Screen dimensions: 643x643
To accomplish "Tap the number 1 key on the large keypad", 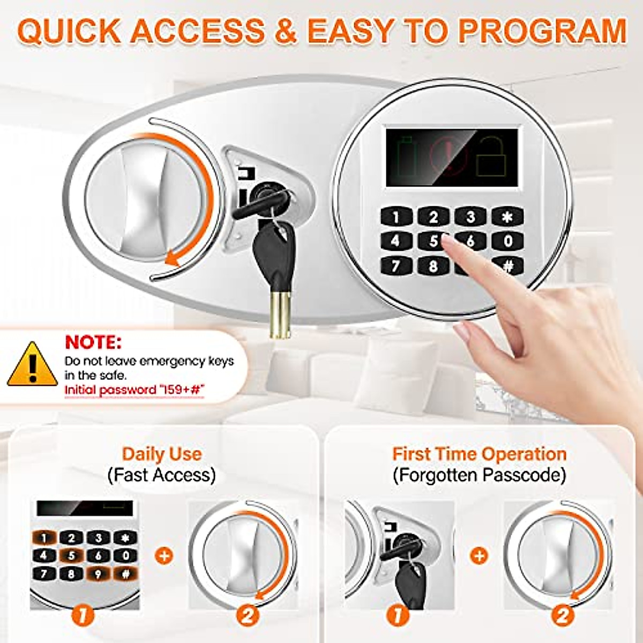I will tap(396, 217).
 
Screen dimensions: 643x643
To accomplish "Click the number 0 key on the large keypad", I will tap(507, 241).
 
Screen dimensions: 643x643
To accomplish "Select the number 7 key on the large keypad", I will tap(396, 265).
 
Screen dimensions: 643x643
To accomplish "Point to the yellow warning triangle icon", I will tap(32, 366).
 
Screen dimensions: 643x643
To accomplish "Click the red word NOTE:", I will tap(93, 342).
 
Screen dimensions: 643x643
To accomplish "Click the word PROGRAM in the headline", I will tap(542, 32).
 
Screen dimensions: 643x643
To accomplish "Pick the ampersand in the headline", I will tap(286, 32).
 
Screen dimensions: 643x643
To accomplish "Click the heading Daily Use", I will tap(162, 454).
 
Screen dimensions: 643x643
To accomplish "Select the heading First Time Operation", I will tap(479, 454).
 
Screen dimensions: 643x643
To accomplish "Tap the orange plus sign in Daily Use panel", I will tap(164, 555).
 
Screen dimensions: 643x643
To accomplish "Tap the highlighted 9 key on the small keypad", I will tap(99, 574).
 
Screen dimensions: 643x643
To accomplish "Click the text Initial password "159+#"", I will tap(135, 390).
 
